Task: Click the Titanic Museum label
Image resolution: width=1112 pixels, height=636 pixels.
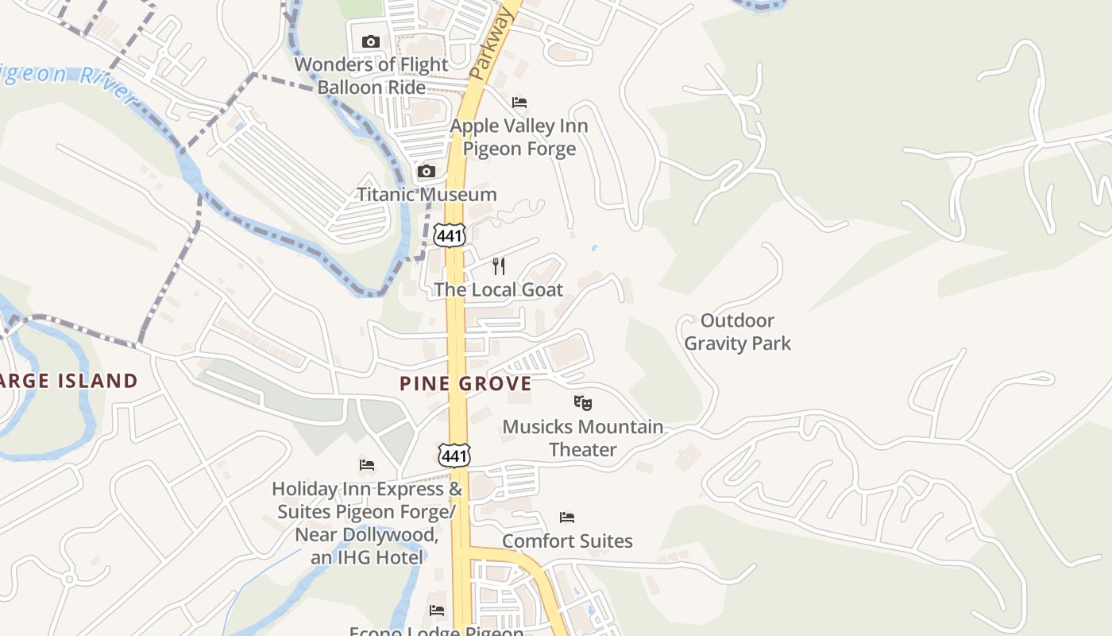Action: (x=427, y=194)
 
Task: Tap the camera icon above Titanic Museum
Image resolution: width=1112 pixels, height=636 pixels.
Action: (x=427, y=171)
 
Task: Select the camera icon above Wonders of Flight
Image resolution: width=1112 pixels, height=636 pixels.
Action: (x=370, y=41)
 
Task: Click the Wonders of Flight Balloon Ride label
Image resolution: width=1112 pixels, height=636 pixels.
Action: (x=372, y=76)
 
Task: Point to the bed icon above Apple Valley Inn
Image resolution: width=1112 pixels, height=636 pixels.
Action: (x=519, y=103)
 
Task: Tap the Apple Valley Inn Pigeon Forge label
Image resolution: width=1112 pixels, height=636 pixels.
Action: (x=519, y=137)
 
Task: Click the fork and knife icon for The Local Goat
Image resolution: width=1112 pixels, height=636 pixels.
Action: (x=499, y=266)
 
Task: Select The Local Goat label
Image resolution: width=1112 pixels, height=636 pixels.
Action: (x=499, y=289)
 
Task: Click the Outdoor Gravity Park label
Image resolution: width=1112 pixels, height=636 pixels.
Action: (x=737, y=332)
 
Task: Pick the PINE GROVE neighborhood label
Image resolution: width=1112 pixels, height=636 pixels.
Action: (x=465, y=384)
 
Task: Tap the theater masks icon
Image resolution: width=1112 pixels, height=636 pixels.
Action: (x=582, y=403)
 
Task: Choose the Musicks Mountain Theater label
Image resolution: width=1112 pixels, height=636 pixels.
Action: (x=583, y=438)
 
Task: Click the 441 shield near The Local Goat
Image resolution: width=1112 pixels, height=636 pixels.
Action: (x=450, y=234)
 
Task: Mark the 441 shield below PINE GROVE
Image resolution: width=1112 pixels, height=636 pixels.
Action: (x=454, y=456)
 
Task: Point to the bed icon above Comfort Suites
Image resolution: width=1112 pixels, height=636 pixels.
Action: (x=567, y=518)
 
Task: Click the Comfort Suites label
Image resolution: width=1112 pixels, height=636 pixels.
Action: (x=567, y=541)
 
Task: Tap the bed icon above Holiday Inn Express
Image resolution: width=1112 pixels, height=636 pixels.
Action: (x=367, y=465)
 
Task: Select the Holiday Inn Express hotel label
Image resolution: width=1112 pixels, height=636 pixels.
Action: (x=367, y=522)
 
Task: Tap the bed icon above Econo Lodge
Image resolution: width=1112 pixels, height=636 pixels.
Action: (x=437, y=611)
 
